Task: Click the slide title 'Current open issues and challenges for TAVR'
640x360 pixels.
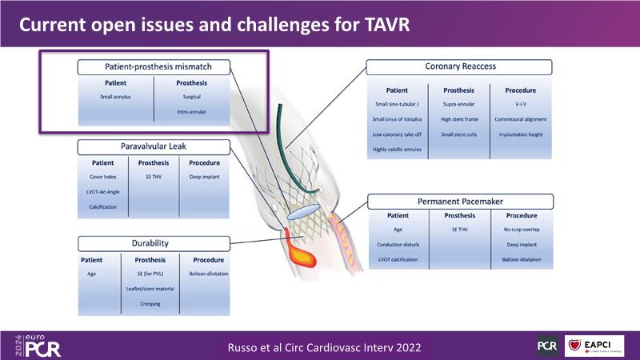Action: pos(214,25)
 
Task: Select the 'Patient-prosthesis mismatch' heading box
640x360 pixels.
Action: pos(158,66)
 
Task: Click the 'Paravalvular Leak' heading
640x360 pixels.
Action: pos(154,146)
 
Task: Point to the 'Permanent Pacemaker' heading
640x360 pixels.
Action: pos(458,202)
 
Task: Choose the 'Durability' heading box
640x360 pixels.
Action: pos(154,242)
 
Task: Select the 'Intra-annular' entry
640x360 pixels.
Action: pos(191,112)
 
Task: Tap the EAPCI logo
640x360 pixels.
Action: pos(594,346)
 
